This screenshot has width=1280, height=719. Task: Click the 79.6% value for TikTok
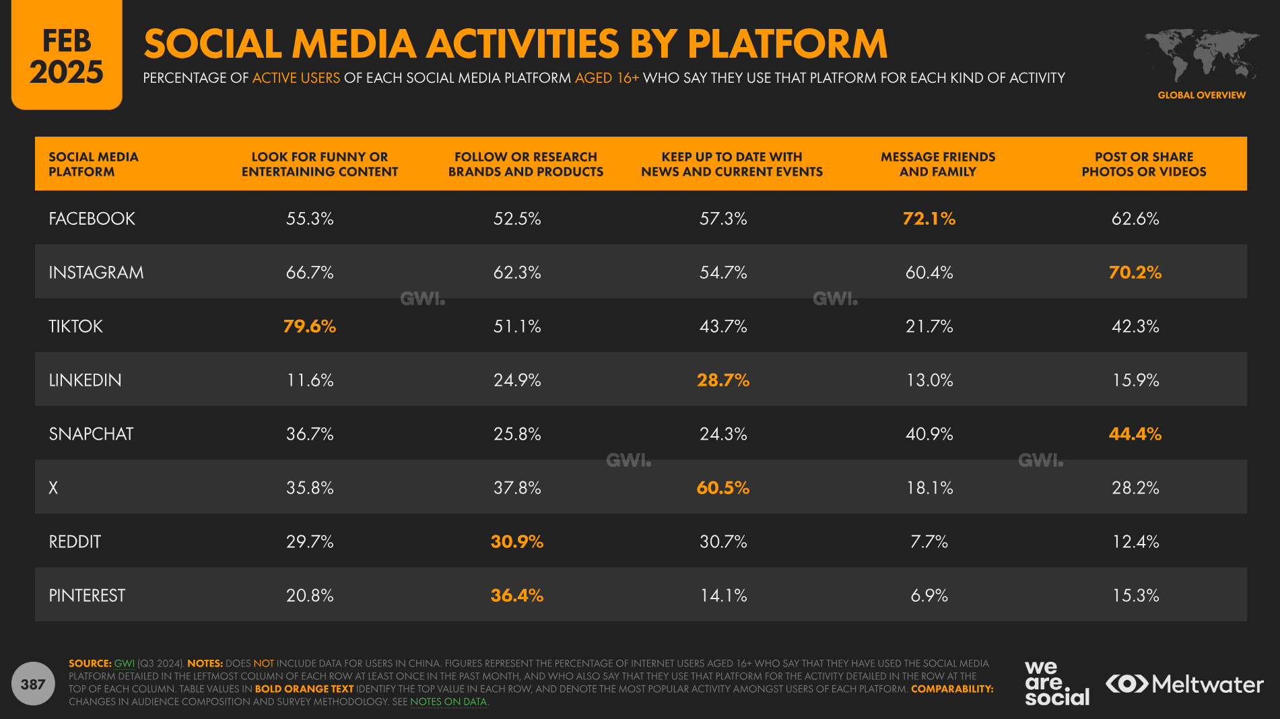tap(309, 327)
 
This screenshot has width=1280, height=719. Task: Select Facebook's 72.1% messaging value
tap(929, 219)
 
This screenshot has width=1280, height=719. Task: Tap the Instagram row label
tap(96, 273)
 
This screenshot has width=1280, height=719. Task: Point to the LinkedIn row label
tap(85, 380)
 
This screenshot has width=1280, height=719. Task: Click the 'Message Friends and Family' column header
tap(937, 164)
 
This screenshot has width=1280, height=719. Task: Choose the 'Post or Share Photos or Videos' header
tap(1143, 164)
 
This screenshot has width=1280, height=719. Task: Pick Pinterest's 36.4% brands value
tap(516, 596)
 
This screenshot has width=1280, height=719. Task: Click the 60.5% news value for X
tap(722, 488)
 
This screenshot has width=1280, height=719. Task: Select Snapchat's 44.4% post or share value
tap(1135, 434)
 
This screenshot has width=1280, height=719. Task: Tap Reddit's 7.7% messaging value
tap(929, 542)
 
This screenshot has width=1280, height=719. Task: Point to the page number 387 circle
tap(33, 685)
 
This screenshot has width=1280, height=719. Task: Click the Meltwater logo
tap(1184, 685)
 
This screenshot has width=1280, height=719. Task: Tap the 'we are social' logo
tap(1056, 683)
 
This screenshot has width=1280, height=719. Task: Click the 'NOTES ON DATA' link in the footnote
tap(448, 701)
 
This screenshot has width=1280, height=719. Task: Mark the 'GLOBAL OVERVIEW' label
tap(1201, 96)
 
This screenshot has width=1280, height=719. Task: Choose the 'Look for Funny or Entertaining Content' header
tap(319, 164)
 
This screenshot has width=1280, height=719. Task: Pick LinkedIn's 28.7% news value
tap(722, 380)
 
